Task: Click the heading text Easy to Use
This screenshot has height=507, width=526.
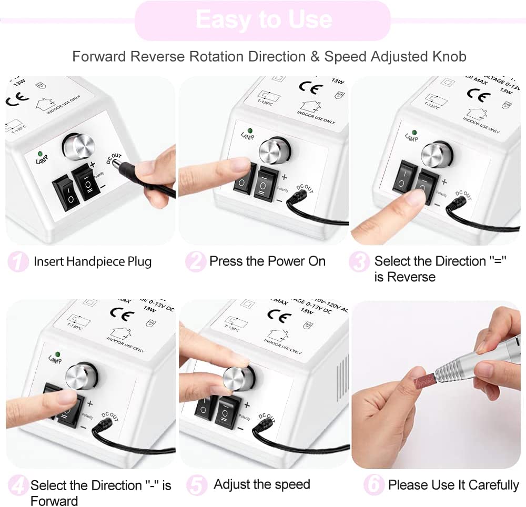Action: [263, 20]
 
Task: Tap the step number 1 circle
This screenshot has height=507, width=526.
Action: [18, 262]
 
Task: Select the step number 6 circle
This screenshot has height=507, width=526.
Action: [373, 485]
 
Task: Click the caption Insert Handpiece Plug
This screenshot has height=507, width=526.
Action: [93, 261]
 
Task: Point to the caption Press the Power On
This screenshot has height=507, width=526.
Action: [267, 261]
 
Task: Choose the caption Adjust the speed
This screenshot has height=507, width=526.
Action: [262, 484]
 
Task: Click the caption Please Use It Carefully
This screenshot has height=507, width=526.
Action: [453, 485]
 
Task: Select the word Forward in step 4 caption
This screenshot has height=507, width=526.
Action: [54, 500]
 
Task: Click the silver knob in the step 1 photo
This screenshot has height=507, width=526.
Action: [78, 146]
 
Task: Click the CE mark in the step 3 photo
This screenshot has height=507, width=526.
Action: [479, 96]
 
